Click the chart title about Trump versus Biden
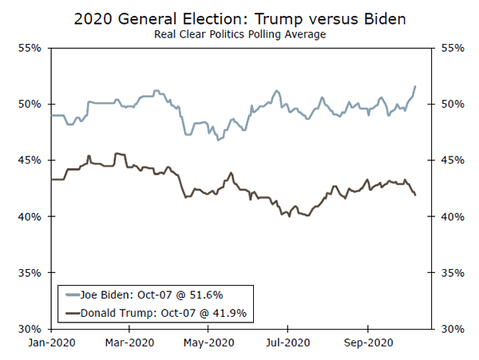(x=239, y=18)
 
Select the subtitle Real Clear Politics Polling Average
(x=239, y=34)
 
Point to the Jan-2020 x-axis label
(x=51, y=343)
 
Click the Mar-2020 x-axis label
(x=130, y=343)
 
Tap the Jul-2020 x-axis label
(x=287, y=343)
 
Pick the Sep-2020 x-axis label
(x=367, y=343)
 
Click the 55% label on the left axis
(x=30, y=48)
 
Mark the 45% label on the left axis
(x=30, y=160)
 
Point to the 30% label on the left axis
(x=30, y=329)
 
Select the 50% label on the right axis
(x=452, y=105)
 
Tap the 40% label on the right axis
(x=452, y=216)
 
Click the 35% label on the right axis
(x=452, y=273)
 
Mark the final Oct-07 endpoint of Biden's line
(x=415, y=86)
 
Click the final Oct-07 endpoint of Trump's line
(x=415, y=195)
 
